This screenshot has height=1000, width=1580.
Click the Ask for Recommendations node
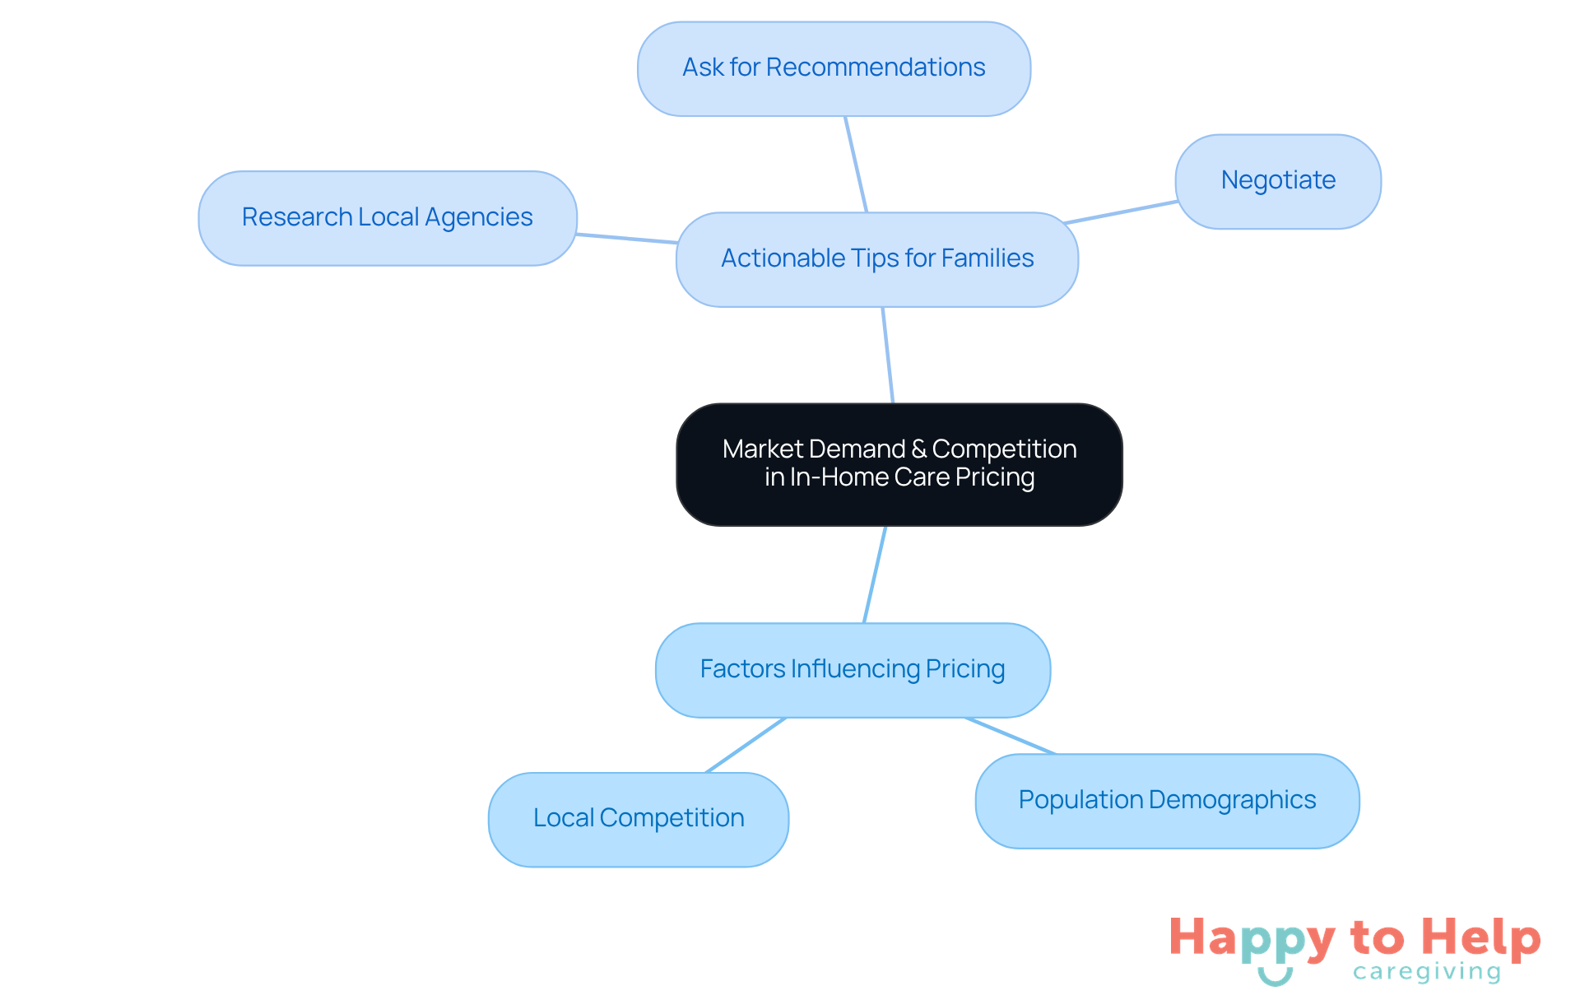[x=834, y=68]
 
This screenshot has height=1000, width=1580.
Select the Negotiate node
[x=1277, y=181]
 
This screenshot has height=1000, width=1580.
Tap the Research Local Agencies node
[x=387, y=218]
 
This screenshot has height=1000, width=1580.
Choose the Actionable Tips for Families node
[x=876, y=259]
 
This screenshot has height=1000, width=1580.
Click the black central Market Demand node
[x=899, y=464]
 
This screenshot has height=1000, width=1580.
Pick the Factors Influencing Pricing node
[x=853, y=670]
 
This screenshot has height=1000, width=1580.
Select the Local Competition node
[x=638, y=819]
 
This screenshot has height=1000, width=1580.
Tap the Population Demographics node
[x=1166, y=801]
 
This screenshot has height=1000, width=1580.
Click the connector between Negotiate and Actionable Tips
[x=1121, y=212]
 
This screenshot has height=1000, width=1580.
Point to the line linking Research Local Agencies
[x=626, y=239]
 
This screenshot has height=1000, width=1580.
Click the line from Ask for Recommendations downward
[x=856, y=165]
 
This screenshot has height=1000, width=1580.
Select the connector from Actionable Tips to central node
[x=888, y=356]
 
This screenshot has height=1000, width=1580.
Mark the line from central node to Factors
[x=875, y=574]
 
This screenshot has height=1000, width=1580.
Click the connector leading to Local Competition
[x=746, y=746]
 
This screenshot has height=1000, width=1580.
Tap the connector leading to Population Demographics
[x=1011, y=736]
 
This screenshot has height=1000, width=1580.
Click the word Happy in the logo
[x=1252, y=939]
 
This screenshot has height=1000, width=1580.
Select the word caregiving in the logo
[x=1427, y=972]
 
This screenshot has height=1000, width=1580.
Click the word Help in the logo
[x=1480, y=937]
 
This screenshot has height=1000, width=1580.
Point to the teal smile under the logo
[x=1275, y=977]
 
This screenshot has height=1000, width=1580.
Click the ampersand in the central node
[x=918, y=449]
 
